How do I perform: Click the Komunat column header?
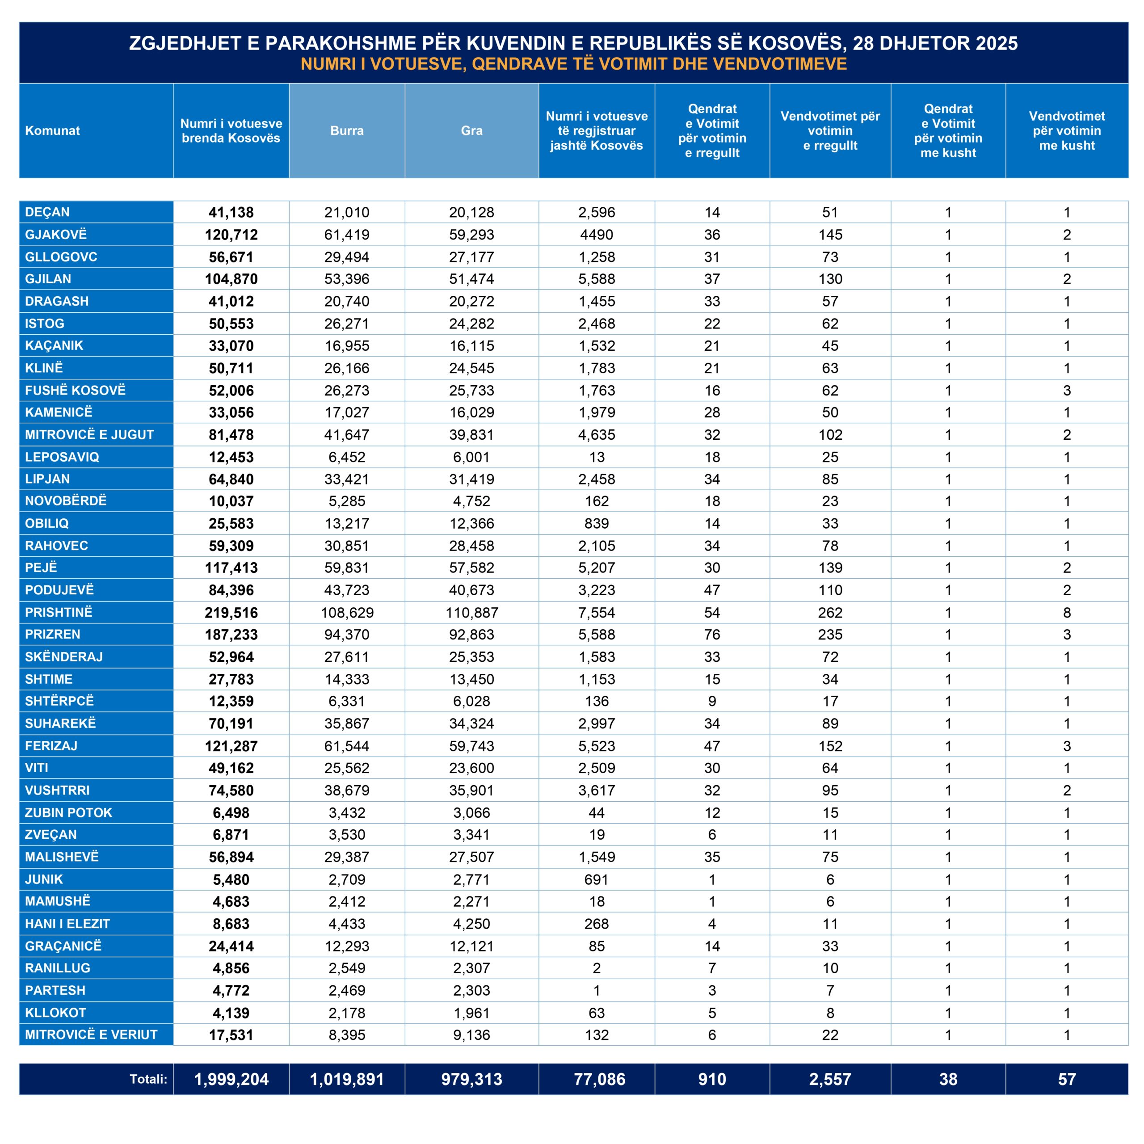(53, 131)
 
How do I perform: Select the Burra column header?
(347, 131)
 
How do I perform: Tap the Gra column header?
(472, 131)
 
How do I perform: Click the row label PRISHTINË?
(59, 612)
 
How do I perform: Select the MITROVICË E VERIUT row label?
(91, 1035)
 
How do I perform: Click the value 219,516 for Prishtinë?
(231, 613)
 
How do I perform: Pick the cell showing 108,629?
(347, 613)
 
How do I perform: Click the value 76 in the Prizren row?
(712, 635)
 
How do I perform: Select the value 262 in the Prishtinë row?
(830, 613)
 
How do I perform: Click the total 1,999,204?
(231, 1080)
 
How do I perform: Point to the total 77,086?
(599, 1080)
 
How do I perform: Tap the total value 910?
(712, 1080)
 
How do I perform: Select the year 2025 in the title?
(997, 43)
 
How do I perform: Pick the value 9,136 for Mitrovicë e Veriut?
(472, 1035)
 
